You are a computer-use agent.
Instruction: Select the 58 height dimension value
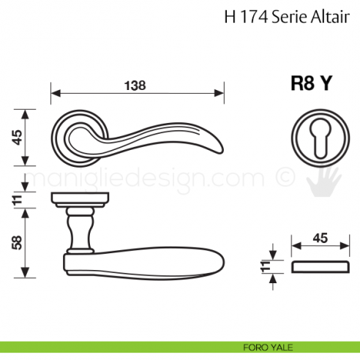(15, 241)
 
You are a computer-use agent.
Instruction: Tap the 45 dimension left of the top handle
(15, 137)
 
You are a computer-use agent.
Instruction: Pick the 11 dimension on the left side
(15, 197)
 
